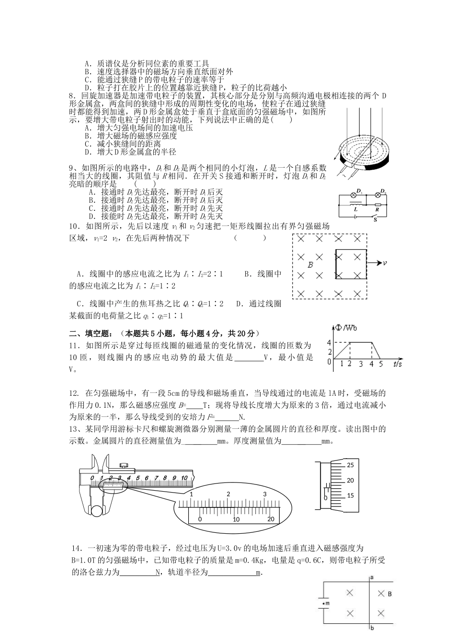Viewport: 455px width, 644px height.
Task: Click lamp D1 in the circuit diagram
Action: point(355,195)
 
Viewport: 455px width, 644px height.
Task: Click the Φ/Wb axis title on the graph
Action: point(346,328)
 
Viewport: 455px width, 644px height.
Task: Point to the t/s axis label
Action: point(398,364)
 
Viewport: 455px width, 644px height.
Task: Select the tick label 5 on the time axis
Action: point(381,364)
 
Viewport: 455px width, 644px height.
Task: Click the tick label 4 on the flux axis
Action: point(329,342)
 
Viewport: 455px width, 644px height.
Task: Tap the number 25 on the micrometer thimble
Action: point(350,465)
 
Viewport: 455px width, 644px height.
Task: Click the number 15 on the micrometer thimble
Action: point(350,495)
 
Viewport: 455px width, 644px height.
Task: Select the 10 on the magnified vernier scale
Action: point(236,519)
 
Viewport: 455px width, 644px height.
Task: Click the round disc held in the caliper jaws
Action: point(98,510)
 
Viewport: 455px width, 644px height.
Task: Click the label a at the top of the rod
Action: point(372,578)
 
